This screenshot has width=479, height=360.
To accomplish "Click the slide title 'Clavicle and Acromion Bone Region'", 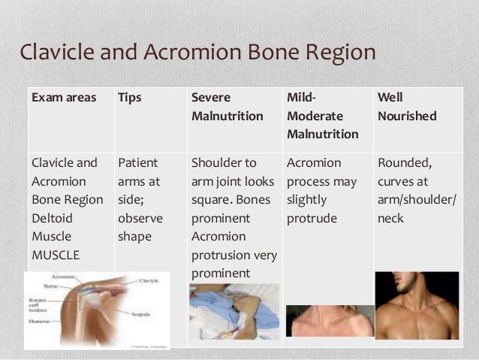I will coord(196,53).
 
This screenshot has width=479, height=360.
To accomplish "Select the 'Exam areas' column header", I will coord(63,98).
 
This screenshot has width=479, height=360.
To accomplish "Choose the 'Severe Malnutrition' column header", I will coord(227,107).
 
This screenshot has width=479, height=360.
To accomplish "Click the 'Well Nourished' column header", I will coord(406,107).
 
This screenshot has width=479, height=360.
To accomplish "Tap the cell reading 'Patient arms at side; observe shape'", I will coord(142,199).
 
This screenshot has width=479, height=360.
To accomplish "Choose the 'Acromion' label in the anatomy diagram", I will coord(63,277).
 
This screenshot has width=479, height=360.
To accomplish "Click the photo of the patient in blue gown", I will coord(233,315).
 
